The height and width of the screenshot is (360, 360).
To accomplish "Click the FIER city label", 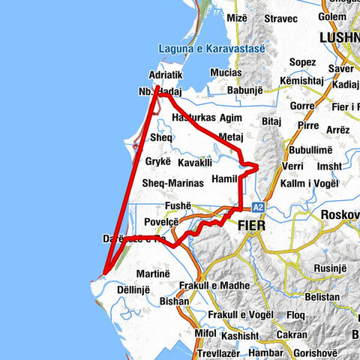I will [x=253, y=224].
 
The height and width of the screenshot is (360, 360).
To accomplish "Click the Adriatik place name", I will [x=166, y=76].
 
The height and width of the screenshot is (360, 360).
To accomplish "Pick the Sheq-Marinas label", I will [x=172, y=183].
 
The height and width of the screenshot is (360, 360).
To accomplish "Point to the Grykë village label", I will [x=158, y=161].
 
